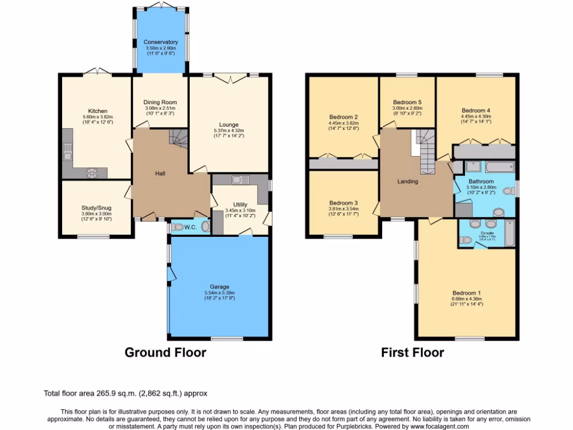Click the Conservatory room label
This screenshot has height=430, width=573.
point(161,42)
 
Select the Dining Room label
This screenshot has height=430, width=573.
point(161,102)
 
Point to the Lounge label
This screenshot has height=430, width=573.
point(229,124)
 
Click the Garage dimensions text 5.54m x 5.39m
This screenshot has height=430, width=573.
point(219,293)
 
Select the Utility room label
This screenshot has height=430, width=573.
point(240,205)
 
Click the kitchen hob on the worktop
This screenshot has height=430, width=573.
point(92,173)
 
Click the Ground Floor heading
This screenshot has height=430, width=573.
point(165,353)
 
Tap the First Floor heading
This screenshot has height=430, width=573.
point(412,353)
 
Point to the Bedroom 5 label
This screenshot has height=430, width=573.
point(407,102)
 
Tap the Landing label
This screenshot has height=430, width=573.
point(407,181)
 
